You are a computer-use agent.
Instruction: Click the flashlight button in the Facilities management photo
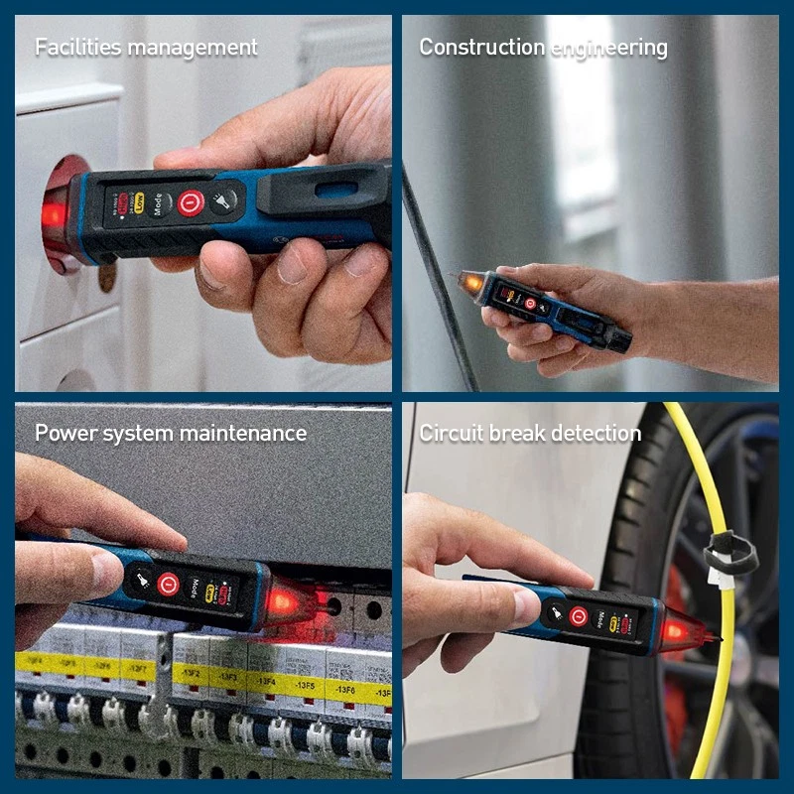(226, 201)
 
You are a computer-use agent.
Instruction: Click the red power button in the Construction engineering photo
(529, 303)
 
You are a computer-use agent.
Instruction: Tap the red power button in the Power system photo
(168, 584)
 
